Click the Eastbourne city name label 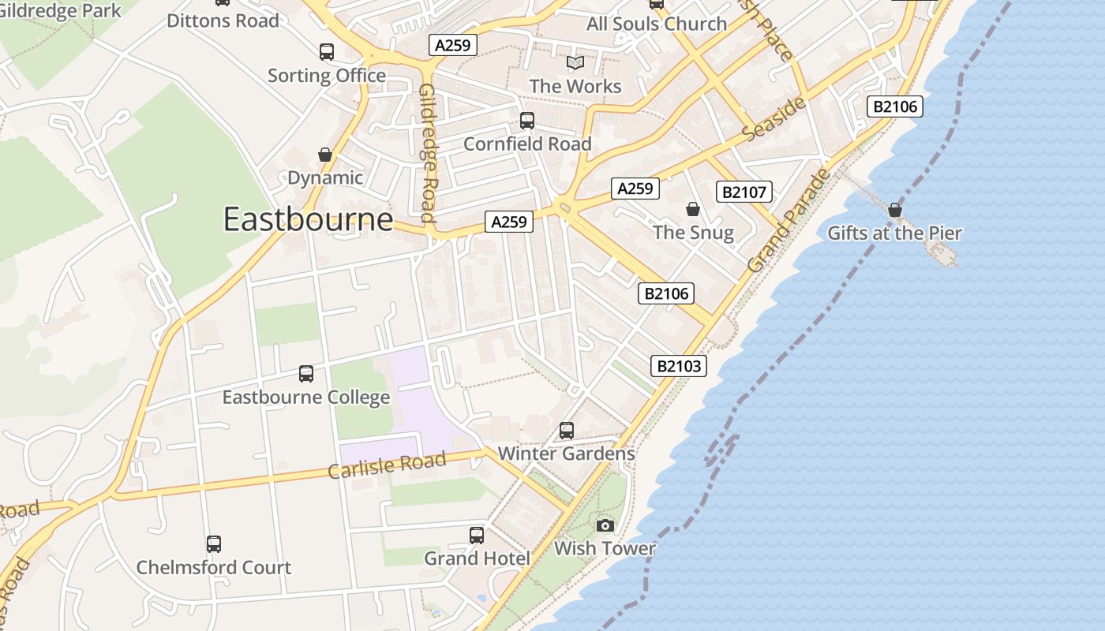pos(308,218)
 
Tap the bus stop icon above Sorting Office pos(326,52)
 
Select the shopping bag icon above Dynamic pos(324,155)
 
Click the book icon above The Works pos(575,62)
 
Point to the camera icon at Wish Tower pos(605,525)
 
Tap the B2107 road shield pos(744,192)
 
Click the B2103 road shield pos(678,366)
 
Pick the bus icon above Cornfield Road pos(526,121)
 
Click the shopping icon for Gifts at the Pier pos(894,210)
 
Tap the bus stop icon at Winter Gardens pos(566,431)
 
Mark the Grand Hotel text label pos(477,558)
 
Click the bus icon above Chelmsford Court pos(213,544)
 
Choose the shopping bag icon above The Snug pos(692,209)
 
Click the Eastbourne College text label pos(305,397)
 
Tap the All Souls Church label pos(656,24)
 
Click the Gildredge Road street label pos(428,153)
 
